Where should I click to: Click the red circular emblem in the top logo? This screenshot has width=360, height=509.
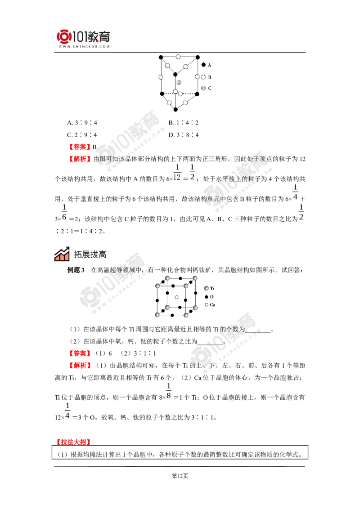pos(64,36)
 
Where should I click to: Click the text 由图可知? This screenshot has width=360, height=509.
pos(104,159)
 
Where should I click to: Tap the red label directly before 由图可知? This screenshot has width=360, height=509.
pos(80,159)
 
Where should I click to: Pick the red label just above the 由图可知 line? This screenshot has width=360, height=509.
pos(80,147)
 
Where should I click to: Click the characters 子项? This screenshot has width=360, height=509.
pos(260,159)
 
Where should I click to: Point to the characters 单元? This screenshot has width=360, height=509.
pos(211,198)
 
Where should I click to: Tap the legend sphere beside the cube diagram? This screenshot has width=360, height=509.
pos(207,288)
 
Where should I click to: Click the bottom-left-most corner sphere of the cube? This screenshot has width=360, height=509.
pos(158,316)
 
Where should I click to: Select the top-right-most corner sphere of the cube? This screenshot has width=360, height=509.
pos(195,276)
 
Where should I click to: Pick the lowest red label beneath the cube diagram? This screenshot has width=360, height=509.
pos(80,366)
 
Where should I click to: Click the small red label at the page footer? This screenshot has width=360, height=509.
pos(73,442)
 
